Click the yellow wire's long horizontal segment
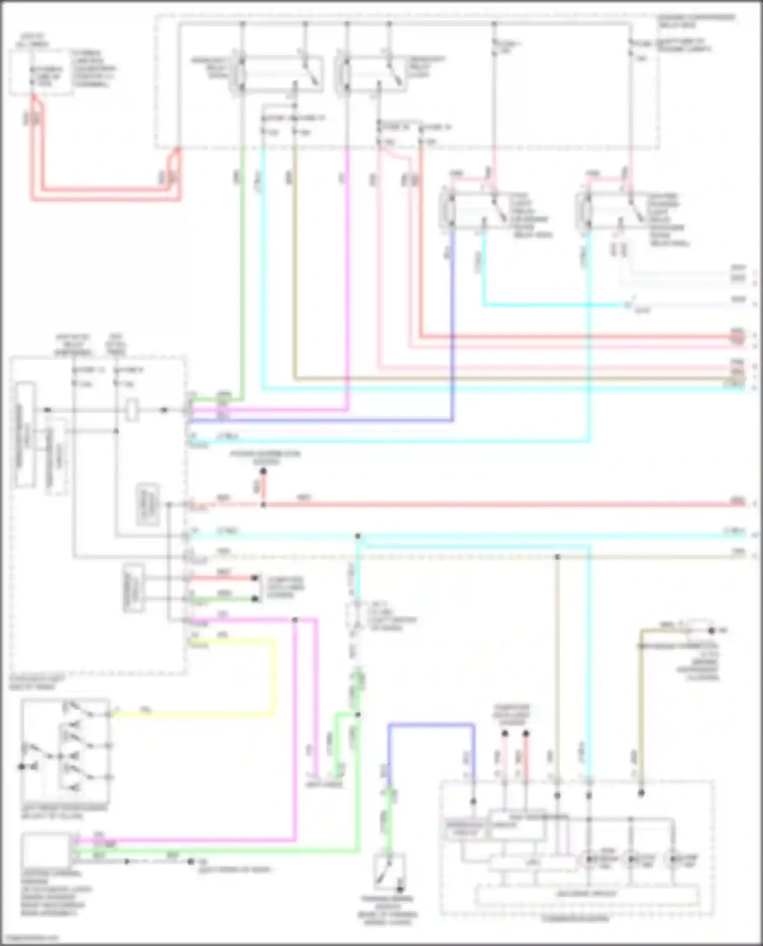point(193,714)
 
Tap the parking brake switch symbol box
point(389,871)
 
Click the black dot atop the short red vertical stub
point(263,472)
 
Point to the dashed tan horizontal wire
point(458,557)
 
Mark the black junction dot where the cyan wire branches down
point(358,536)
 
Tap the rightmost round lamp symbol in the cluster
point(672,859)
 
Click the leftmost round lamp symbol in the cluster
point(589,859)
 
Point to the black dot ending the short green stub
point(255,599)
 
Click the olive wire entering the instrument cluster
point(641,712)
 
